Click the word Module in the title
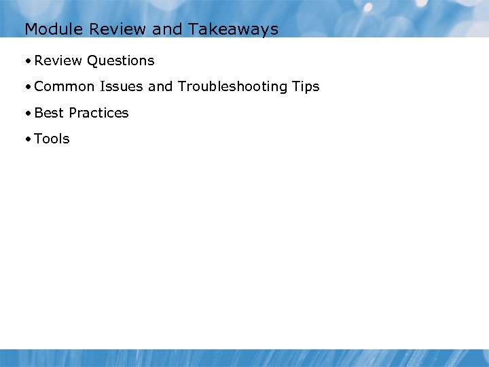pos(48,29)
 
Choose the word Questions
pos(121,61)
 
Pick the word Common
pos(63,87)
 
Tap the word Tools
pos(52,139)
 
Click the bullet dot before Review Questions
pos(27,61)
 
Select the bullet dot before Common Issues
pos(27,87)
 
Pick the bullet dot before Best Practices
pos(27,113)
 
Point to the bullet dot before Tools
pos(27,139)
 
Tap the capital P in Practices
pos(73,113)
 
